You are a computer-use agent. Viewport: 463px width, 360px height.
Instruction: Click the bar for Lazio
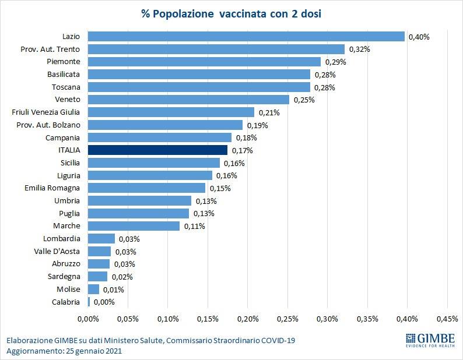246,36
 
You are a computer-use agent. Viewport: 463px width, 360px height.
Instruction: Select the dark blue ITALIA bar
157,150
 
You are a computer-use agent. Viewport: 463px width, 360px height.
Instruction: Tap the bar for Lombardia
101,238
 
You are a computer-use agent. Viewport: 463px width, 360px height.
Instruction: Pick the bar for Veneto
188,100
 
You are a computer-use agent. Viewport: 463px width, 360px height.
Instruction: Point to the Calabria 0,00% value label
104,302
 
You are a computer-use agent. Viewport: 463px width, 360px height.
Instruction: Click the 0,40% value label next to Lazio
419,37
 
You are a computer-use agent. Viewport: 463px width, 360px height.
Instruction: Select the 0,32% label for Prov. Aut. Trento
359,50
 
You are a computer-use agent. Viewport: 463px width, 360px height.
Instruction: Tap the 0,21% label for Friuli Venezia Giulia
268,112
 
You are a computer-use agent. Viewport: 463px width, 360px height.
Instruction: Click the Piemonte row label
64,61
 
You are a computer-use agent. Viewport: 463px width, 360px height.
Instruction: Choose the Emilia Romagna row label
52,188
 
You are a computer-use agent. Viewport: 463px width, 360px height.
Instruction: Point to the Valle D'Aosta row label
57,251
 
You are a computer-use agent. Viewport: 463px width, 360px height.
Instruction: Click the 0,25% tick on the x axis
287,319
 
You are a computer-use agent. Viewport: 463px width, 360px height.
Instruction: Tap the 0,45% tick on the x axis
447,319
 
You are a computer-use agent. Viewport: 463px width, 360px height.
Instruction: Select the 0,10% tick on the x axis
167,319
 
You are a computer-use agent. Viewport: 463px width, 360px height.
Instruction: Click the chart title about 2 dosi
232,13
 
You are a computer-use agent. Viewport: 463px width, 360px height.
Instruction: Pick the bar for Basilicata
199,74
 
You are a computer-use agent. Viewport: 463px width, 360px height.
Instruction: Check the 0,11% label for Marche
194,226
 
